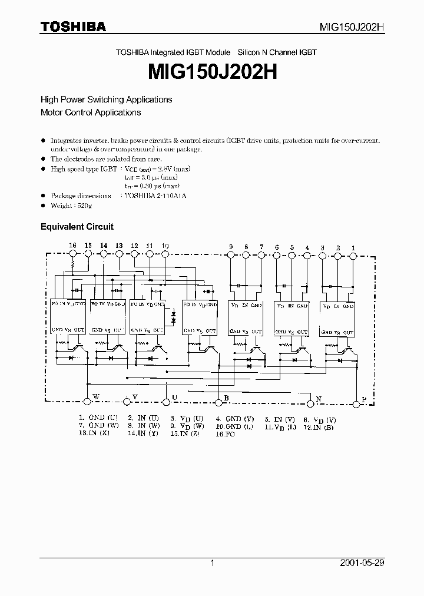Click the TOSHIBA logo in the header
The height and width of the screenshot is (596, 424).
(73, 27)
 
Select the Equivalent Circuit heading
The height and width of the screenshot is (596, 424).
(77, 226)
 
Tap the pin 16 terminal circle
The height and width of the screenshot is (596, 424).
(73, 254)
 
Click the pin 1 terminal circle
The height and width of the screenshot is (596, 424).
(353, 256)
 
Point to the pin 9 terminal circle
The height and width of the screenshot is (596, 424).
(230, 256)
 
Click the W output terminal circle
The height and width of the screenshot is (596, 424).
(88, 400)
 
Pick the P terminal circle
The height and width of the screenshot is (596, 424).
(356, 404)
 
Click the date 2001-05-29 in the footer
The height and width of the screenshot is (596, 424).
(363, 563)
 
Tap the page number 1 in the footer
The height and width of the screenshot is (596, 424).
(212, 563)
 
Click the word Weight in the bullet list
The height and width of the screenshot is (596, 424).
(62, 206)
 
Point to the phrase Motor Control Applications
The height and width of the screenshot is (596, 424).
(91, 112)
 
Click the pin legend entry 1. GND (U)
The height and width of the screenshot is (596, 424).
(98, 418)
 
